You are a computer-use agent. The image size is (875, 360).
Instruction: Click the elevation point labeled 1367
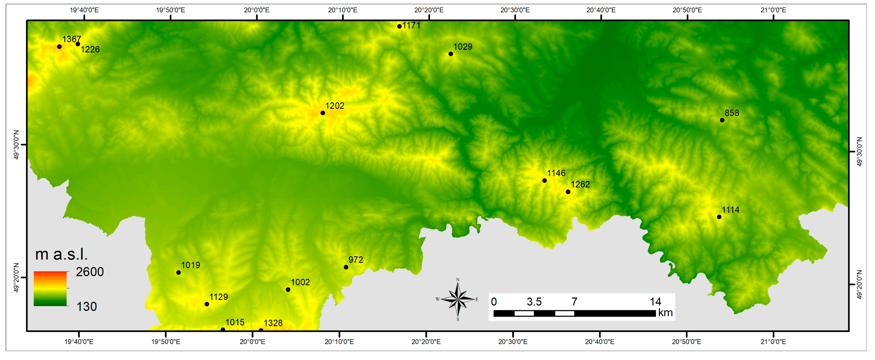(59, 47)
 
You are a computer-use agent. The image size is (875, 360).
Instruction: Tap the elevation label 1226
(90, 50)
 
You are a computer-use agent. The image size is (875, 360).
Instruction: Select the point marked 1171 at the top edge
(399, 26)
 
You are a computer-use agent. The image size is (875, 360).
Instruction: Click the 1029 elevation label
(463, 47)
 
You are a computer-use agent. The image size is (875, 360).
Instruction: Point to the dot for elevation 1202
(323, 113)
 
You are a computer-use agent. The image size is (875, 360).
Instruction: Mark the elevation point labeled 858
(722, 120)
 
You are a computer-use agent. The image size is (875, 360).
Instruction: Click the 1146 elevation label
(556, 173)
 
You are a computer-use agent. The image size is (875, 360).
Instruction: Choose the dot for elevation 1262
(568, 192)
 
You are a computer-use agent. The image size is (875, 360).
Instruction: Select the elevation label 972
(356, 260)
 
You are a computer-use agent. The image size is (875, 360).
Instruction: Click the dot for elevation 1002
(288, 290)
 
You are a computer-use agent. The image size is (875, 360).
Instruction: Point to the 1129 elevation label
(218, 297)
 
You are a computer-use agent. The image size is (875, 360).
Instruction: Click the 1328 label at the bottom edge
(273, 323)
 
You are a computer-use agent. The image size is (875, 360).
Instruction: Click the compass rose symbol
(458, 299)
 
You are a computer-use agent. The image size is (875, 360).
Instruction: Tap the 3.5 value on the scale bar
(534, 302)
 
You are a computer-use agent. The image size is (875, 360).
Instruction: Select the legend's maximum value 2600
(90, 272)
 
